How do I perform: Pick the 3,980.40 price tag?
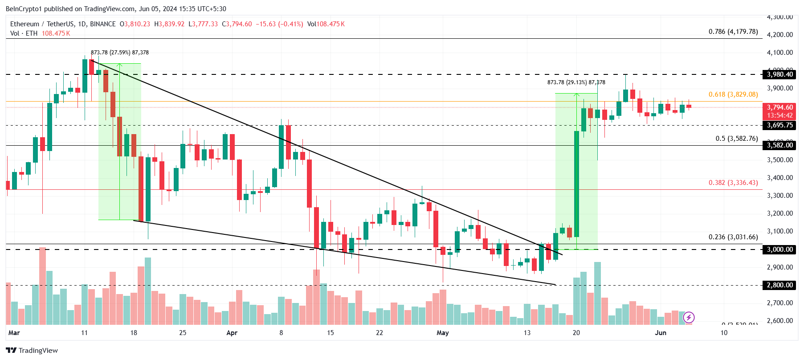(780, 74)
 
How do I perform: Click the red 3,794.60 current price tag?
(780, 107)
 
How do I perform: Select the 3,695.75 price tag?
(780, 125)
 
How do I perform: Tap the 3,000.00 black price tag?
(780, 250)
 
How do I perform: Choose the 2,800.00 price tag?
(780, 285)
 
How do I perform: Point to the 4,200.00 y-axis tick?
(780, 35)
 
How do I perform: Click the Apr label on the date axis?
(232, 333)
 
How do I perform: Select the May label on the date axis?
(442, 333)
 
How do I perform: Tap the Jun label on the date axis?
(661, 333)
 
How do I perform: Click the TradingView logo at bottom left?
(32, 350)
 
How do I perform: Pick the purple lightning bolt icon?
(689, 317)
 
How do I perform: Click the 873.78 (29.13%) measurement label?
(576, 82)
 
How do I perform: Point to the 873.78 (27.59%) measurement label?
(120, 53)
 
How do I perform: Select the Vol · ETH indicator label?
(24, 33)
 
